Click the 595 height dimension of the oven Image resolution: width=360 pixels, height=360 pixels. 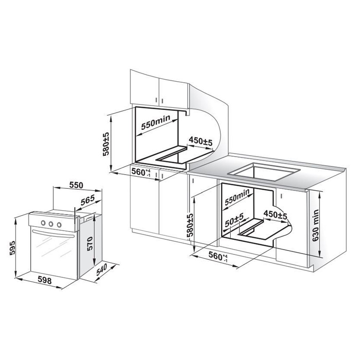pyautogui.click(x=12, y=248)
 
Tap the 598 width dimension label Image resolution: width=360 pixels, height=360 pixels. pyautogui.click(x=45, y=280)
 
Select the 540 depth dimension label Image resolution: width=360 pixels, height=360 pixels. pyautogui.click(x=102, y=270)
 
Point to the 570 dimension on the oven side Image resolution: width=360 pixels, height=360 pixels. pyautogui.click(x=90, y=243)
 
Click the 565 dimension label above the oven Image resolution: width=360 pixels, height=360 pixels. pyautogui.click(x=88, y=200)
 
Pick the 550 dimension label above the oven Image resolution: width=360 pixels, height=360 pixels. pyautogui.click(x=76, y=185)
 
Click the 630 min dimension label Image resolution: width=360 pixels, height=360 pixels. pyautogui.click(x=316, y=225)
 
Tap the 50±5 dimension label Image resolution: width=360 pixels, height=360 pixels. pyautogui.click(x=234, y=219)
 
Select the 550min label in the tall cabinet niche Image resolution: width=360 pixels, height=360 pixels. pyautogui.click(x=156, y=122)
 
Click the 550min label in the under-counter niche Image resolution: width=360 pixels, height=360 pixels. pyautogui.click(x=237, y=197)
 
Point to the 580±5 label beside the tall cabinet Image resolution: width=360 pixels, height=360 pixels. pyautogui.click(x=106, y=144)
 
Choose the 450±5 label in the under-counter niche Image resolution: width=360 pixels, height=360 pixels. pyautogui.click(x=275, y=215)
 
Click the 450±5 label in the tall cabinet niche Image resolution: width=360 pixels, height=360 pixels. pyautogui.click(x=200, y=141)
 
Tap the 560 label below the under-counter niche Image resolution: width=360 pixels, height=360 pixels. pyautogui.click(x=218, y=256)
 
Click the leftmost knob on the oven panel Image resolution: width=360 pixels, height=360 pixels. pyautogui.click(x=43, y=222)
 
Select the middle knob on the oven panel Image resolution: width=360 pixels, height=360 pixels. pyautogui.click(x=51, y=224)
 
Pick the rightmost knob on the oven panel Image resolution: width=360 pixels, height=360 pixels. pyautogui.click(x=59, y=225)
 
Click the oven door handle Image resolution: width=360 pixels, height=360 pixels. pyautogui.click(x=53, y=234)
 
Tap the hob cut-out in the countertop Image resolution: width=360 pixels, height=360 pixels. pyautogui.click(x=264, y=172)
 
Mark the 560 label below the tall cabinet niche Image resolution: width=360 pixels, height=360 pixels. pyautogui.click(x=141, y=172)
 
